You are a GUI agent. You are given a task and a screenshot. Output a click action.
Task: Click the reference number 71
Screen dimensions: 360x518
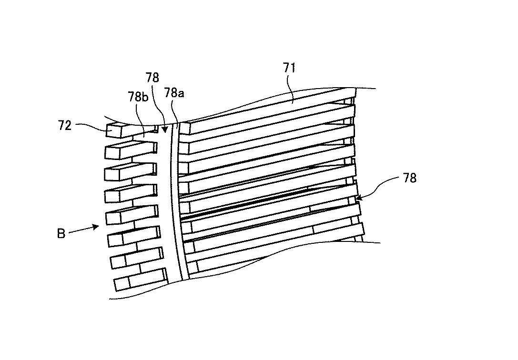(x=290, y=68)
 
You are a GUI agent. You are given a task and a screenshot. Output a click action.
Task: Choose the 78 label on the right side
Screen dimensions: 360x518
(x=410, y=178)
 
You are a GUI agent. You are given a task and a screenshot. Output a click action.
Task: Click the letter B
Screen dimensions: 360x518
(x=61, y=234)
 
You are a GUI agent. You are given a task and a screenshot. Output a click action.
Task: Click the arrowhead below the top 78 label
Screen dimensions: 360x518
(x=164, y=130)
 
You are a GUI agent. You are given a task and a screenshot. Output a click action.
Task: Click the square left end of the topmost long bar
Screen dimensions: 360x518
(x=185, y=128)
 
